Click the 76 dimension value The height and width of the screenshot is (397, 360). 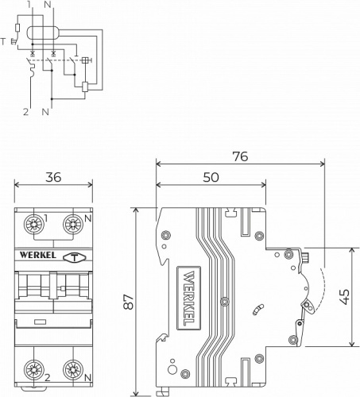(240, 156)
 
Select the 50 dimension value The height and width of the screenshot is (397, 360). (211, 177)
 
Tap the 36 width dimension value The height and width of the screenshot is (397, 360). (53, 177)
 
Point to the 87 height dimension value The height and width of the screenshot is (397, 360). (129, 302)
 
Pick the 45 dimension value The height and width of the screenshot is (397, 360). (344, 297)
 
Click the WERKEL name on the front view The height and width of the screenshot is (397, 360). (38, 255)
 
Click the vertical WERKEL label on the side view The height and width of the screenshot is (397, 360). (188, 298)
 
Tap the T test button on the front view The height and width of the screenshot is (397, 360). (75, 257)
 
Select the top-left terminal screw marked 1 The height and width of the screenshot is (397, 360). (34, 225)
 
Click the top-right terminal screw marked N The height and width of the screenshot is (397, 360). (73, 225)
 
